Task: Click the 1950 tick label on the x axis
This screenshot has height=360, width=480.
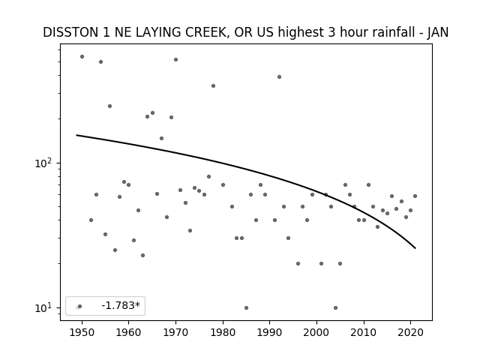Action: pyautogui.click(x=82, y=333)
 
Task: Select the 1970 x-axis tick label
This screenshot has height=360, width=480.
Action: pyautogui.click(x=175, y=333)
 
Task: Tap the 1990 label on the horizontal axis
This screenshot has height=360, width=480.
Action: pyautogui.click(x=270, y=333)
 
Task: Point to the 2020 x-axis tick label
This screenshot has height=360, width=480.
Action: pyautogui.click(x=410, y=333)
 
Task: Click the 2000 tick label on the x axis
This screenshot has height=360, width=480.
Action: pyautogui.click(x=316, y=333)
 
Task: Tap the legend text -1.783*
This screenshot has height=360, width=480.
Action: pyautogui.click(x=121, y=305)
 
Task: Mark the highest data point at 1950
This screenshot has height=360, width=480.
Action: pyautogui.click(x=82, y=57)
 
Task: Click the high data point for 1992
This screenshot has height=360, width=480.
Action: pyautogui.click(x=279, y=76)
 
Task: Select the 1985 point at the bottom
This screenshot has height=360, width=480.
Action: pyautogui.click(x=247, y=307)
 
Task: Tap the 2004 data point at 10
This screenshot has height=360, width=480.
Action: pyautogui.click(x=335, y=307)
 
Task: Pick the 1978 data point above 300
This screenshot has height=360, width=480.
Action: pyautogui.click(x=213, y=86)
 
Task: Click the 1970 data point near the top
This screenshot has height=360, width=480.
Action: pyautogui.click(x=175, y=60)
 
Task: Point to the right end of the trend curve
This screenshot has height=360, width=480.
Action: pyautogui.click(x=415, y=248)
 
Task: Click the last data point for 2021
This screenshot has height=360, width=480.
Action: pyautogui.click(x=415, y=196)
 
